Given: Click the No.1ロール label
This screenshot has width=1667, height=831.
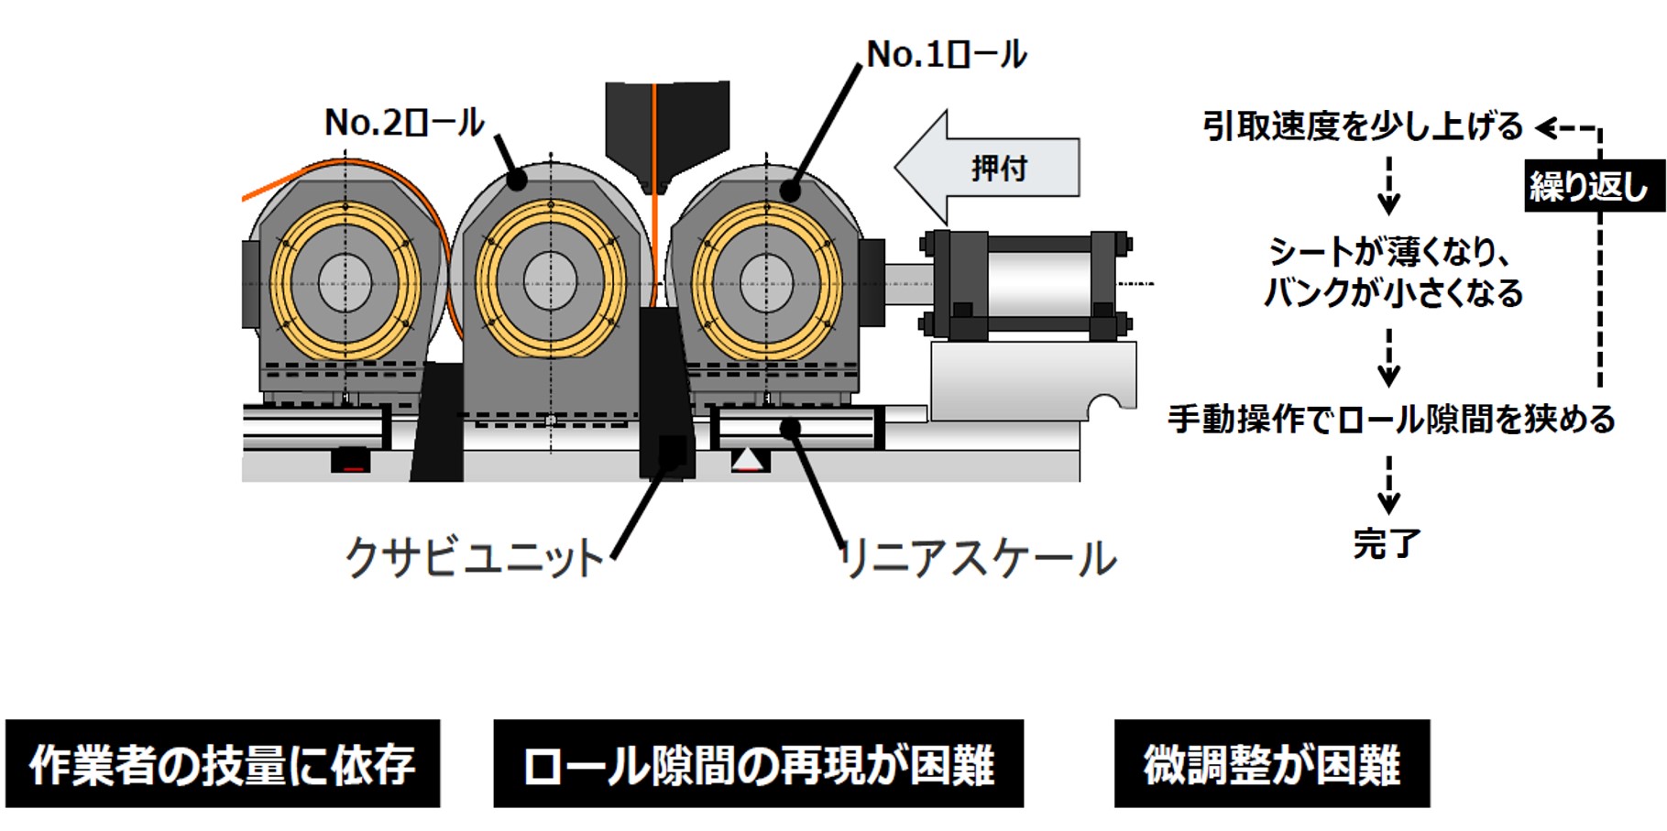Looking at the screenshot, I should point(946,55).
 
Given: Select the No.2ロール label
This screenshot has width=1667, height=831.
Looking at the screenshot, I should point(404,123).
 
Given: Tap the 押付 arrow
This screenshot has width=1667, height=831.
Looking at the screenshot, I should point(990,168).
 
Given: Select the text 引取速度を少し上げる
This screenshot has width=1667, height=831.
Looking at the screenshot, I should point(1363,126).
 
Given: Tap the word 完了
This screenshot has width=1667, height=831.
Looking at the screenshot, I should point(1387,543).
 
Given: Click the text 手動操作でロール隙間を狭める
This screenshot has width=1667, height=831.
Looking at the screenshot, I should point(1390,420).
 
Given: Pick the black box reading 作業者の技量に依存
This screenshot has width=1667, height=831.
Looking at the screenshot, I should point(223,764).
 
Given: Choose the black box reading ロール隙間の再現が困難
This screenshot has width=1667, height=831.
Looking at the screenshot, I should point(758,764).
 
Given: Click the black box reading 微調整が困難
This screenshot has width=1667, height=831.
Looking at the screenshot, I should point(1271,764).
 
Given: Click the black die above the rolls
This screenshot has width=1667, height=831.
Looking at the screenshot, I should point(666,128).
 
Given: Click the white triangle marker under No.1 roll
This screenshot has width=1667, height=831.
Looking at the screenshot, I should point(749,458).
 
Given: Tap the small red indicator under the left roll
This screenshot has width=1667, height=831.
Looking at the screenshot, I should point(350,467).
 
